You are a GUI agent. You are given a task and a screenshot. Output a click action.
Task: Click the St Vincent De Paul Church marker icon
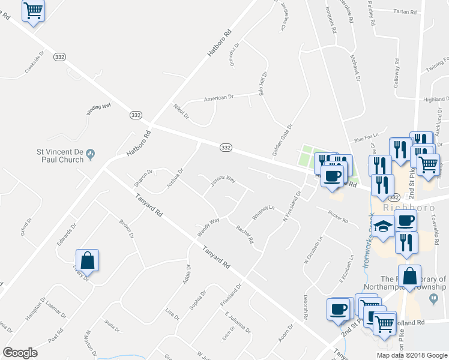[x=91, y=154]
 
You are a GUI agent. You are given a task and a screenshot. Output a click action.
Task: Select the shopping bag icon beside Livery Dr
[x=88, y=260]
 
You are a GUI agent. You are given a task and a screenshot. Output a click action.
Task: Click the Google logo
[x=20, y=353]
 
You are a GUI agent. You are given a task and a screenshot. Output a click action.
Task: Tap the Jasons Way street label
[x=222, y=179]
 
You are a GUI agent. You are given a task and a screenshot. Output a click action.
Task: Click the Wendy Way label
[x=208, y=227]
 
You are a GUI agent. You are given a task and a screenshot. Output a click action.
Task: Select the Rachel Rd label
[x=246, y=235]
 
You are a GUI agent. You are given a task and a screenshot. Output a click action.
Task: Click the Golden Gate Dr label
[x=282, y=140]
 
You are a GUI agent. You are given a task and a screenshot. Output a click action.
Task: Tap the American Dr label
[x=218, y=98]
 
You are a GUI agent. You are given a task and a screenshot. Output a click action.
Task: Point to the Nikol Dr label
[x=181, y=111]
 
